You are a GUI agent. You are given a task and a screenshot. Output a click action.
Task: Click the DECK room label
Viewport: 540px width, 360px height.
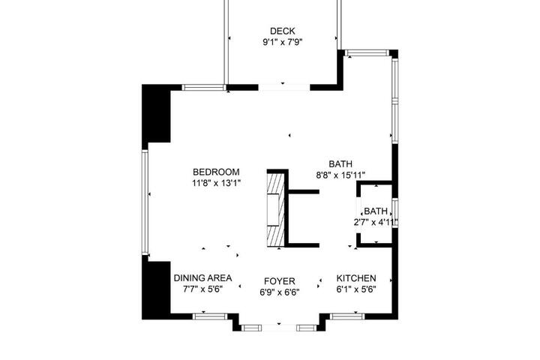(x=283, y=31)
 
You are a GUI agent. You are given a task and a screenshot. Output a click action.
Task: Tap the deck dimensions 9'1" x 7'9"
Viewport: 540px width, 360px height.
(x=283, y=42)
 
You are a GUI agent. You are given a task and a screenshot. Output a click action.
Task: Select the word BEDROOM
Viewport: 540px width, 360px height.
(x=216, y=172)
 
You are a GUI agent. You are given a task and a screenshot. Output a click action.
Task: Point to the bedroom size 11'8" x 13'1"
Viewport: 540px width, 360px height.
(x=216, y=183)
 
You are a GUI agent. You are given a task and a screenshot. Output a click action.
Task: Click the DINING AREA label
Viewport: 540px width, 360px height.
(x=202, y=278)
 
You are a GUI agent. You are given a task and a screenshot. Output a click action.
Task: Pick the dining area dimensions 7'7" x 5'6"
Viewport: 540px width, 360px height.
(x=202, y=289)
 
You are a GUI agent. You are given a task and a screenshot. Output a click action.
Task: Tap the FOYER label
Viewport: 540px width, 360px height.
(x=280, y=281)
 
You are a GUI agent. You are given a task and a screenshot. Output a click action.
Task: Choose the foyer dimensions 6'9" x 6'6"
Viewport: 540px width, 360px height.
(x=280, y=292)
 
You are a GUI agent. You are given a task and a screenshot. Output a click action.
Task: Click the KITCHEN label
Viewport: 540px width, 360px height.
(x=356, y=278)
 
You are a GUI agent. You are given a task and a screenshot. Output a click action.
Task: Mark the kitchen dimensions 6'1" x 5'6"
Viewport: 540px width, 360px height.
(x=356, y=289)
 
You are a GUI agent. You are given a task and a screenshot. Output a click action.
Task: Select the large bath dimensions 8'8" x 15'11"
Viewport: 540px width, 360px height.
(x=340, y=175)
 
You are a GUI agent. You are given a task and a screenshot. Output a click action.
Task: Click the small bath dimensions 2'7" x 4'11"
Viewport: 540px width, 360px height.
(x=376, y=222)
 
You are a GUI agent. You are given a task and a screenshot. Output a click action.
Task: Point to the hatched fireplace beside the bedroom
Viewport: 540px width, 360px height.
(x=275, y=210)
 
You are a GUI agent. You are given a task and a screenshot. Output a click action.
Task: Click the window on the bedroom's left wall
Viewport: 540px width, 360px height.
(x=145, y=202)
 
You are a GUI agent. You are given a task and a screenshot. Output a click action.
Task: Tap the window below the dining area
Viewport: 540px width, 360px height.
(x=210, y=316)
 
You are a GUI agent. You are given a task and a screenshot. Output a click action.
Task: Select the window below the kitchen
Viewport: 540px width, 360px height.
(x=347, y=316)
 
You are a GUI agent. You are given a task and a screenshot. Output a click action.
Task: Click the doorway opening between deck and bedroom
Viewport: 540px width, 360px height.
(x=284, y=87)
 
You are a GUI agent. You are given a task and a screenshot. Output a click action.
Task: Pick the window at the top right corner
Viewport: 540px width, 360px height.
(x=367, y=52)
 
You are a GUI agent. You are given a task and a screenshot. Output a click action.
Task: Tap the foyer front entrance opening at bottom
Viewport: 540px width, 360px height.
(x=279, y=328)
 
